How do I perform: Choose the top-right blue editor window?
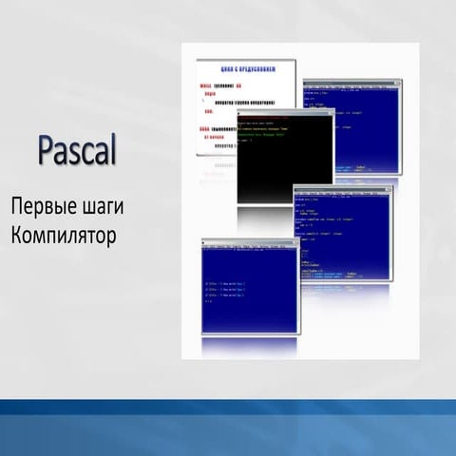[351, 133]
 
